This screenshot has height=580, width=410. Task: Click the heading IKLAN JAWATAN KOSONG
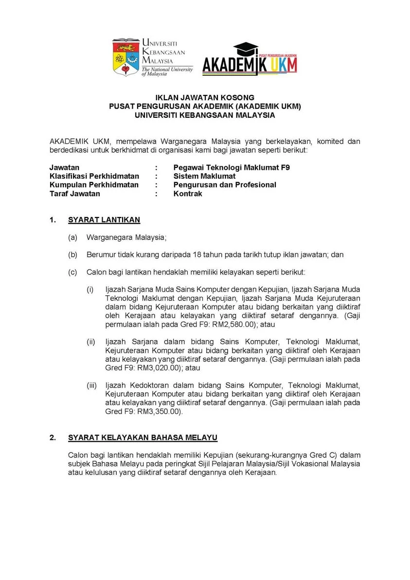205,98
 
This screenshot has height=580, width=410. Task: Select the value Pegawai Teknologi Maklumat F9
232,167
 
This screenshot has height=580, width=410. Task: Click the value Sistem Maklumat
204,176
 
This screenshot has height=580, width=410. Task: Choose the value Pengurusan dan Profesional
225,185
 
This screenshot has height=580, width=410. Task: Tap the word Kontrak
188,194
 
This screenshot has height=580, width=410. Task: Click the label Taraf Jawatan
75,194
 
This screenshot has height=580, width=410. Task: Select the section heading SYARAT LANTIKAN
104,220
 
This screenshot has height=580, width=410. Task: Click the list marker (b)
73,254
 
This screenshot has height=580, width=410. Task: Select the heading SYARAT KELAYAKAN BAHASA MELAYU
143,437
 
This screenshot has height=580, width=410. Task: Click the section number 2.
53,437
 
